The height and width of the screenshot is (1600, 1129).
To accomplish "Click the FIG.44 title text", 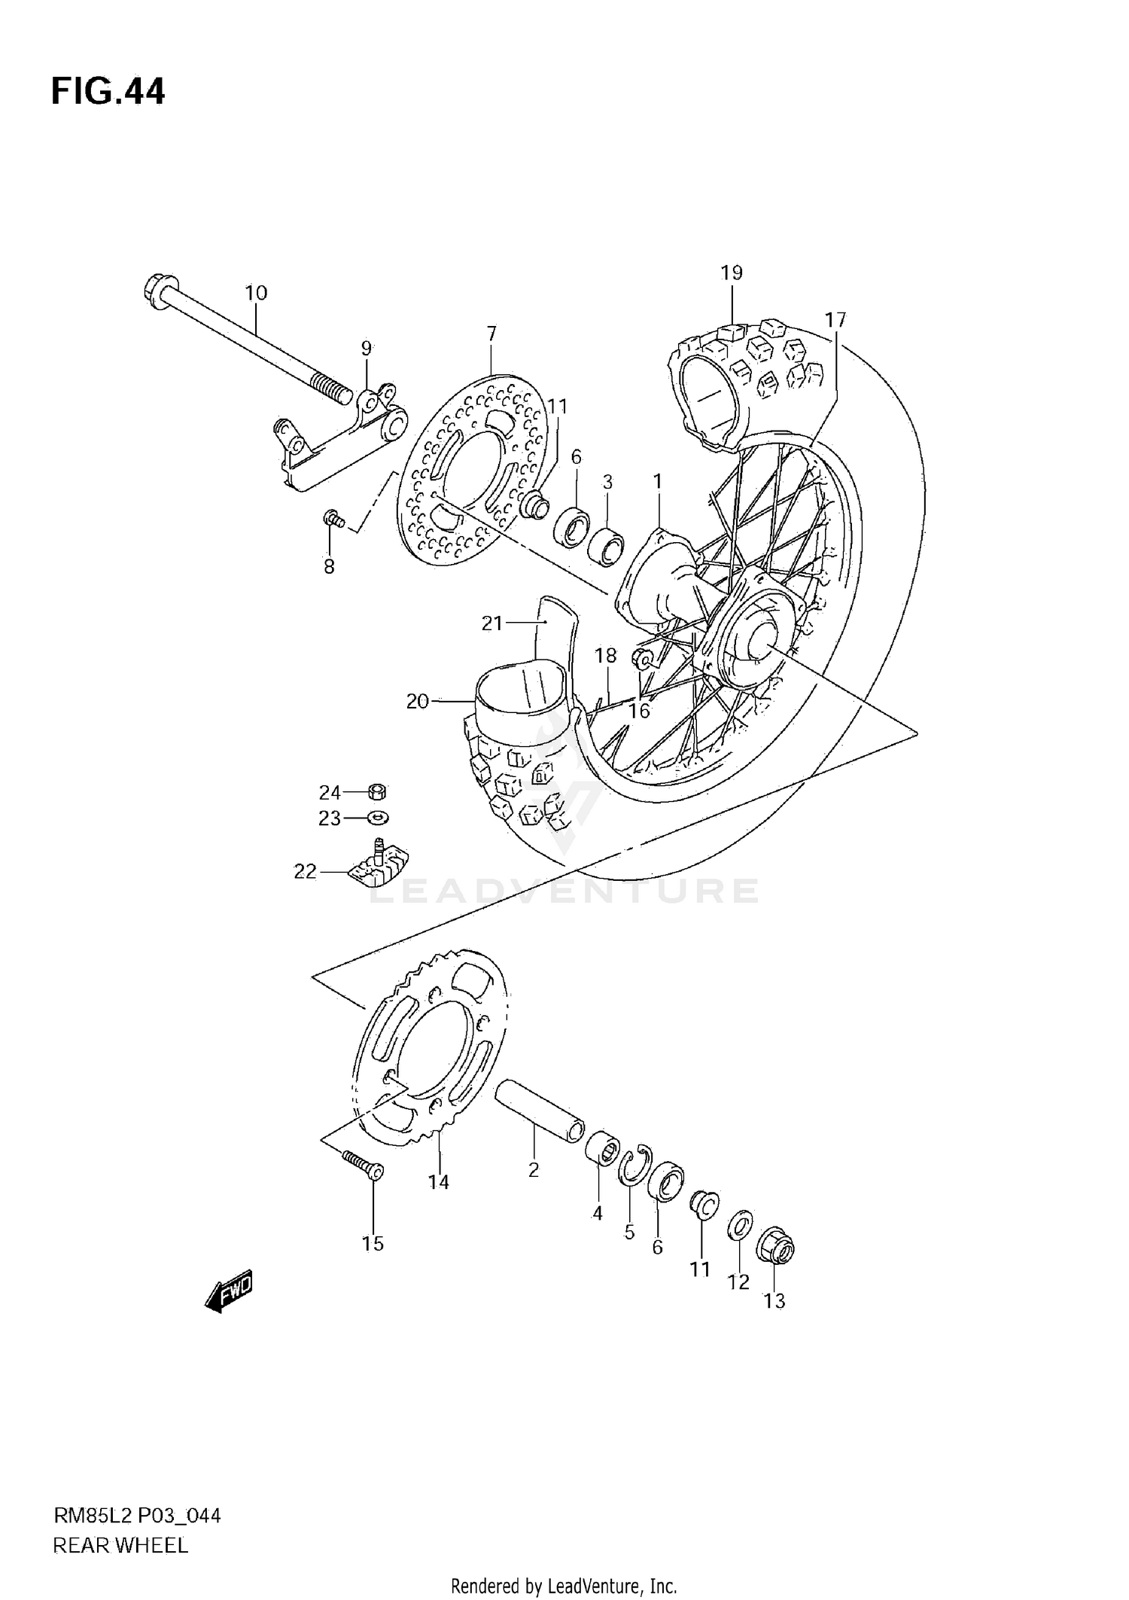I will point(108,92).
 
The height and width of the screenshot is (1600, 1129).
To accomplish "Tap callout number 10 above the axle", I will point(256,293).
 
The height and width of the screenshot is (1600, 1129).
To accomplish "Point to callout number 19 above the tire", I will point(732,273).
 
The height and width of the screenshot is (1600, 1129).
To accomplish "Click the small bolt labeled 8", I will point(333,518).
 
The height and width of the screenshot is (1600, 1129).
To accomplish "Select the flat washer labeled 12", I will point(739,1227).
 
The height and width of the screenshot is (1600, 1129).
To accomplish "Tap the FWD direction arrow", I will point(229,1294).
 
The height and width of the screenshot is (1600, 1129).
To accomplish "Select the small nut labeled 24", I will point(378,791).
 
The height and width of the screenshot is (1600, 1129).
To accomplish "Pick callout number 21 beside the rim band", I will point(491,623).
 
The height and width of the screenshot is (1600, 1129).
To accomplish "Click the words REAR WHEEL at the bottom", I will point(120,1545).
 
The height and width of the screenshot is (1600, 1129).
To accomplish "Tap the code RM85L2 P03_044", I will point(137,1516).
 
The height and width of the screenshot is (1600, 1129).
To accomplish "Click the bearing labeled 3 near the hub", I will point(606,547).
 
